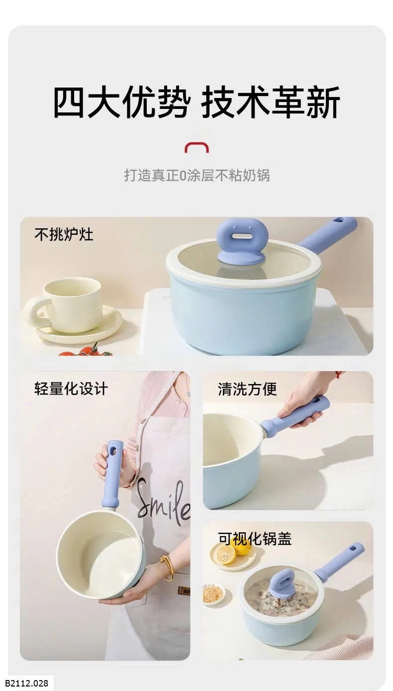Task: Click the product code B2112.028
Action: pos(26,683)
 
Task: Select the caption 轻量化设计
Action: pos(71,389)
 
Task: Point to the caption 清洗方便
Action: pos(247,389)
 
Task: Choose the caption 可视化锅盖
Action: pos(255,539)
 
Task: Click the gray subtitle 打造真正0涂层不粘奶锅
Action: pos(197,175)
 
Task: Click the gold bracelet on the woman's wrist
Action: pos(166,568)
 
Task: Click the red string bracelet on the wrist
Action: pos(339,375)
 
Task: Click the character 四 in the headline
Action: pos(69,101)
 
